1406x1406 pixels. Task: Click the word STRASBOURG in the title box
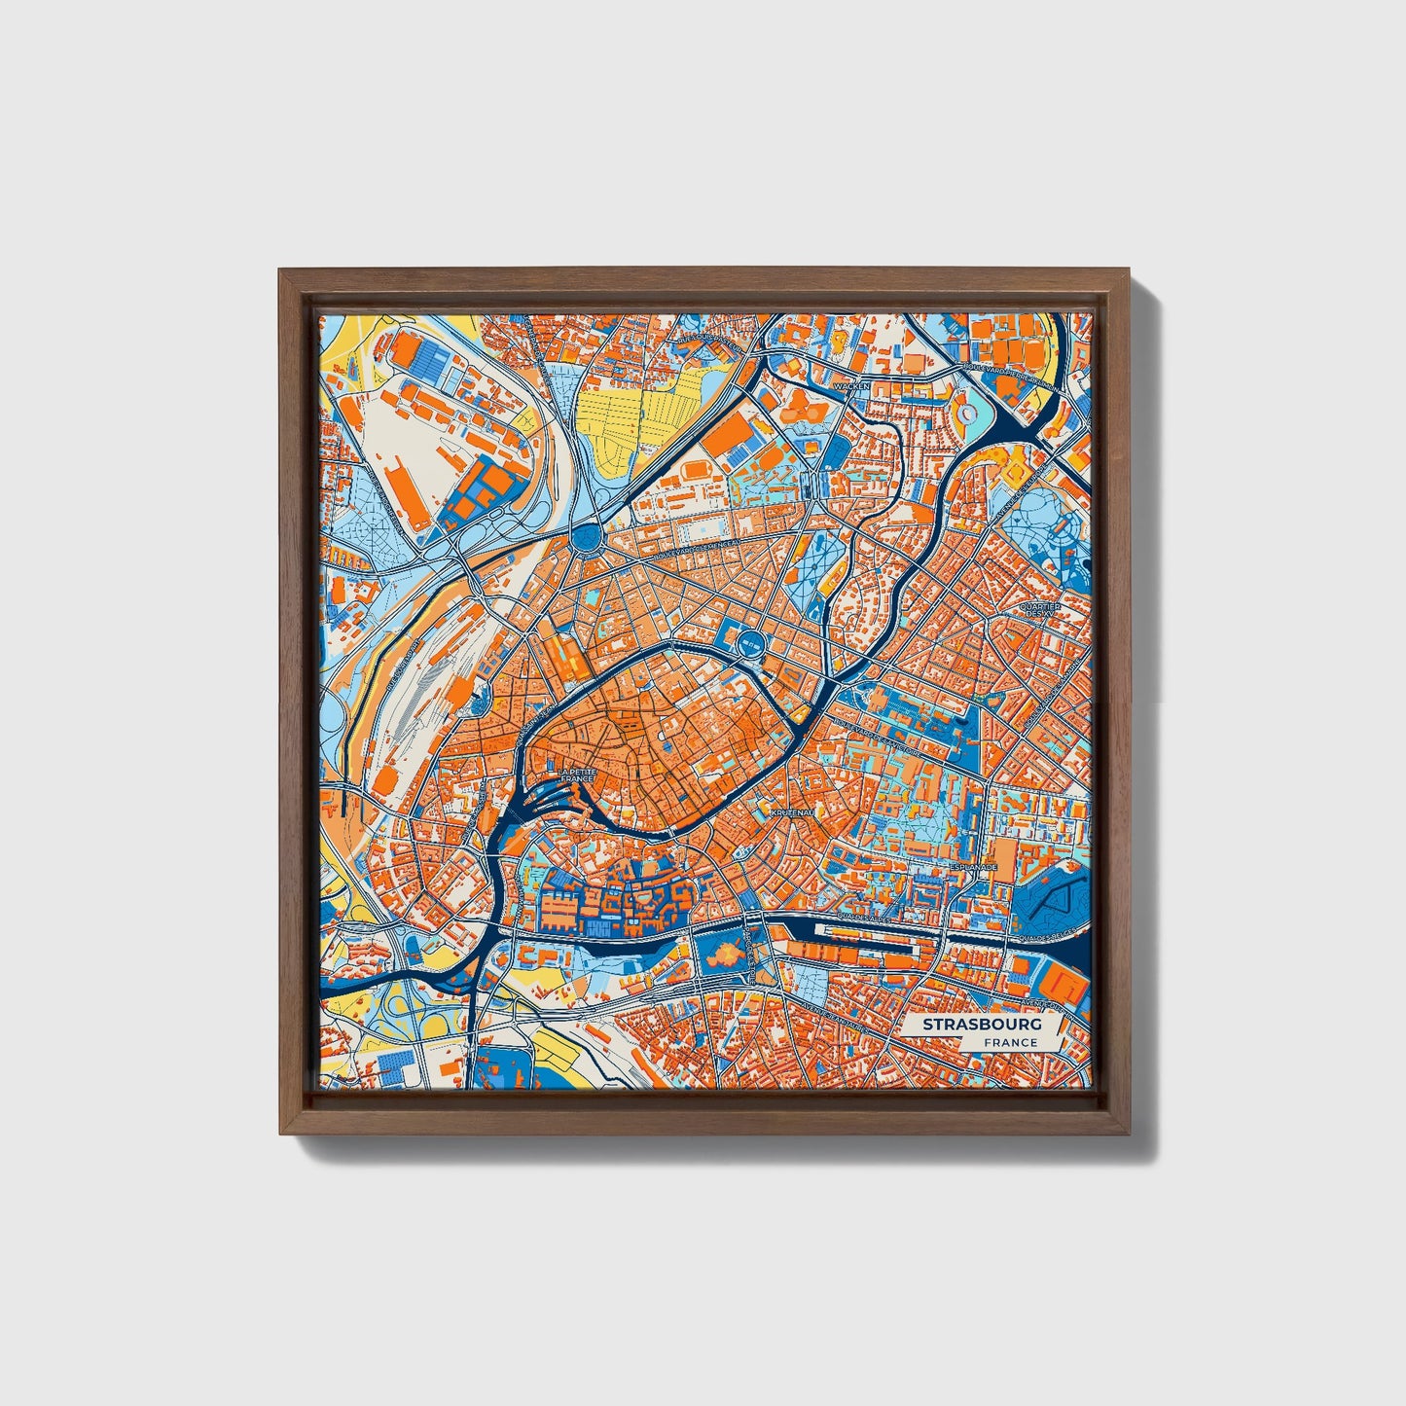pyautogui.click(x=982, y=1025)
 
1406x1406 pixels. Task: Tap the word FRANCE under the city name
pyautogui.click(x=1009, y=1043)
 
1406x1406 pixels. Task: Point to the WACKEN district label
pyautogui.click(x=851, y=386)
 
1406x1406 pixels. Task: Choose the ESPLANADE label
pyautogui.click(x=974, y=865)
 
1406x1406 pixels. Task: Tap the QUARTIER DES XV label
pyautogui.click(x=1038, y=610)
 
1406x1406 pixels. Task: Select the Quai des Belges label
pyautogui.click(x=1046, y=937)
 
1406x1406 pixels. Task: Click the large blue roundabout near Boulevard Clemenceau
pyautogui.click(x=588, y=536)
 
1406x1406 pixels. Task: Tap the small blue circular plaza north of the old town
pyautogui.click(x=749, y=641)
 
